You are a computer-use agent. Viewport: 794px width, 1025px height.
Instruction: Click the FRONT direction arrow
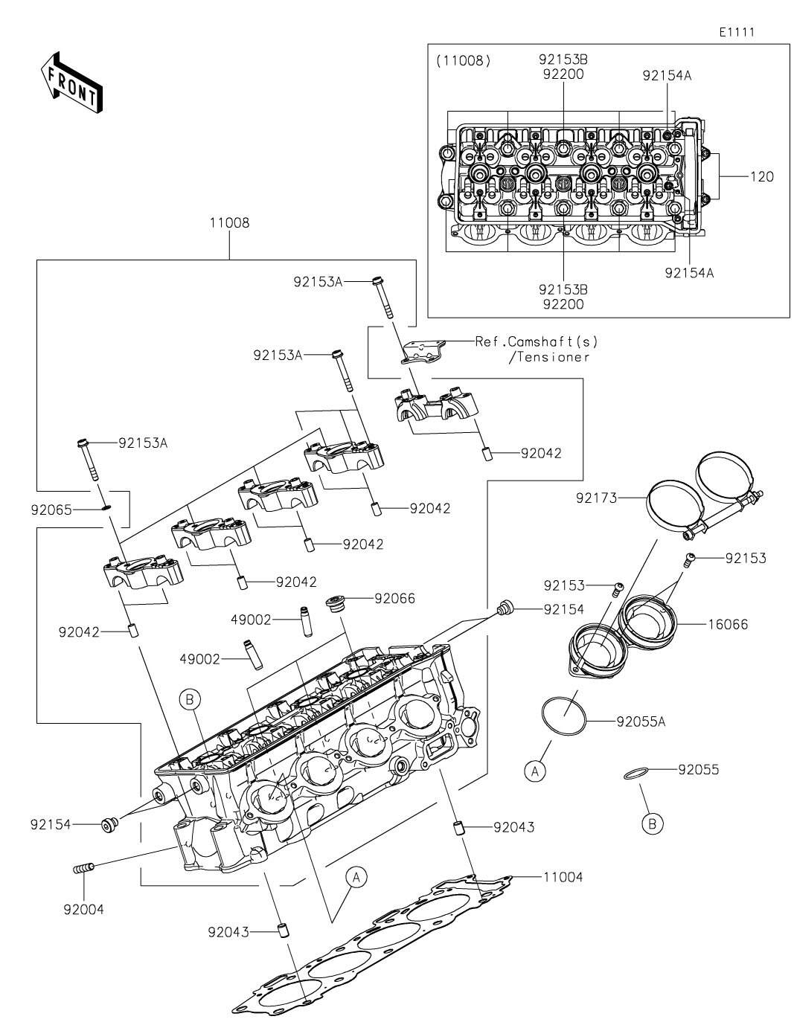pyautogui.click(x=71, y=83)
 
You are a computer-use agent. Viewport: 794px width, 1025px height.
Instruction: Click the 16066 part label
pyautogui.click(x=728, y=624)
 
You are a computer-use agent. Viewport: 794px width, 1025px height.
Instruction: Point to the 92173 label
pyautogui.click(x=597, y=498)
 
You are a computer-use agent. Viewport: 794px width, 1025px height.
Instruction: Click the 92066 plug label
pyautogui.click(x=394, y=598)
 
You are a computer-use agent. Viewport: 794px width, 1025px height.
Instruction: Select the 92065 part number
pyautogui.click(x=50, y=510)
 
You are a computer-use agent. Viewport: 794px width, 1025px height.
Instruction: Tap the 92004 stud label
pyautogui.click(x=83, y=908)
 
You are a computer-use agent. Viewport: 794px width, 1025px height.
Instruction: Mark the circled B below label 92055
pyautogui.click(x=652, y=823)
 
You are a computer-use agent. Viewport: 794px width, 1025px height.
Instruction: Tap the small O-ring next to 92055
pyautogui.click(x=633, y=775)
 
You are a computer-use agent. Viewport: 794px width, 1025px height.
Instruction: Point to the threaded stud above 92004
pyautogui.click(x=84, y=867)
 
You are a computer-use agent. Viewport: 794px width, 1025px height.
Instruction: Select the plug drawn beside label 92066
pyautogui.click(x=336, y=604)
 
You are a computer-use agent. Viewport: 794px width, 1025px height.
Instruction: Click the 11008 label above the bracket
pyautogui.click(x=229, y=222)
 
